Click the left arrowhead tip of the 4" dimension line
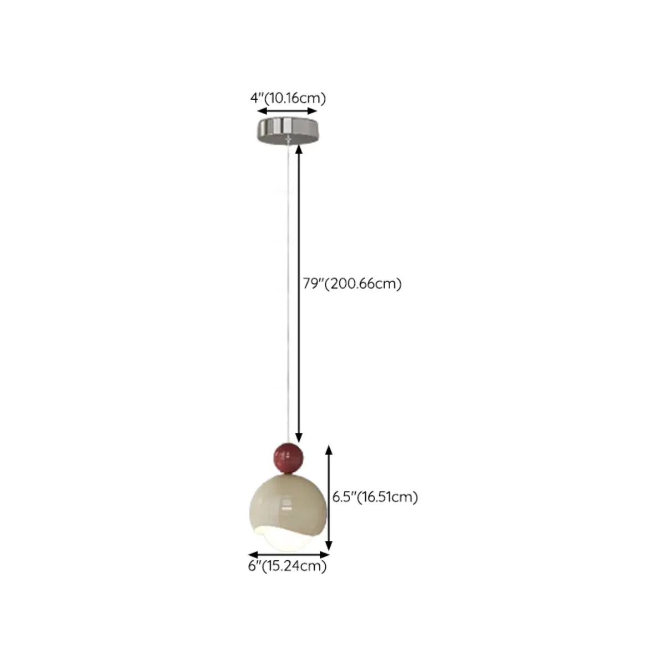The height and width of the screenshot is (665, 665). tap(258, 111)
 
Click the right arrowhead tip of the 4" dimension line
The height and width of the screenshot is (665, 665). tap(317, 111)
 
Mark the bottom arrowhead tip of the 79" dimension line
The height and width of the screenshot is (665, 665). tap(299, 442)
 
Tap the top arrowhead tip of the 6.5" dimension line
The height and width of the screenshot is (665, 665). tap(329, 445)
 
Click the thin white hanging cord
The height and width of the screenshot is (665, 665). tap(288, 293)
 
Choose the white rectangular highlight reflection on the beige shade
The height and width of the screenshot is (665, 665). tap(286, 508)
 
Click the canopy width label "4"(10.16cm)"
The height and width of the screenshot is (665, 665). tap(288, 98)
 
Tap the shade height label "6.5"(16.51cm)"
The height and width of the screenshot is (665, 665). tap(375, 497)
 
